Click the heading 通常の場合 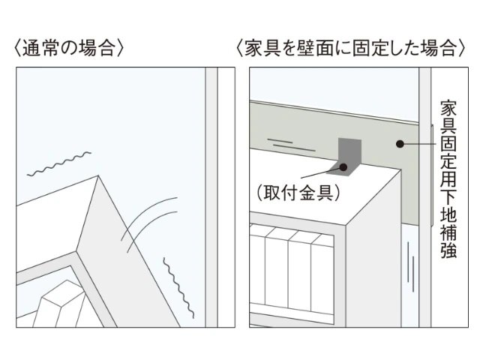[69, 48]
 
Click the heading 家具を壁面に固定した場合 [351, 48]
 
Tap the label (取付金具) [298, 193]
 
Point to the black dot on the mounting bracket [343, 167]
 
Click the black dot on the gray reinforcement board [400, 143]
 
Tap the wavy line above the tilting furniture [59, 164]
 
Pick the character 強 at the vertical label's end [448, 250]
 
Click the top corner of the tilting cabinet [98, 175]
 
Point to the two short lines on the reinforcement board [291, 145]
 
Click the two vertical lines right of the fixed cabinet [411, 267]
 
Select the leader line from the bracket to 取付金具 [322, 172]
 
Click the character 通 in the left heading [31, 48]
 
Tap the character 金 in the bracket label [308, 193]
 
